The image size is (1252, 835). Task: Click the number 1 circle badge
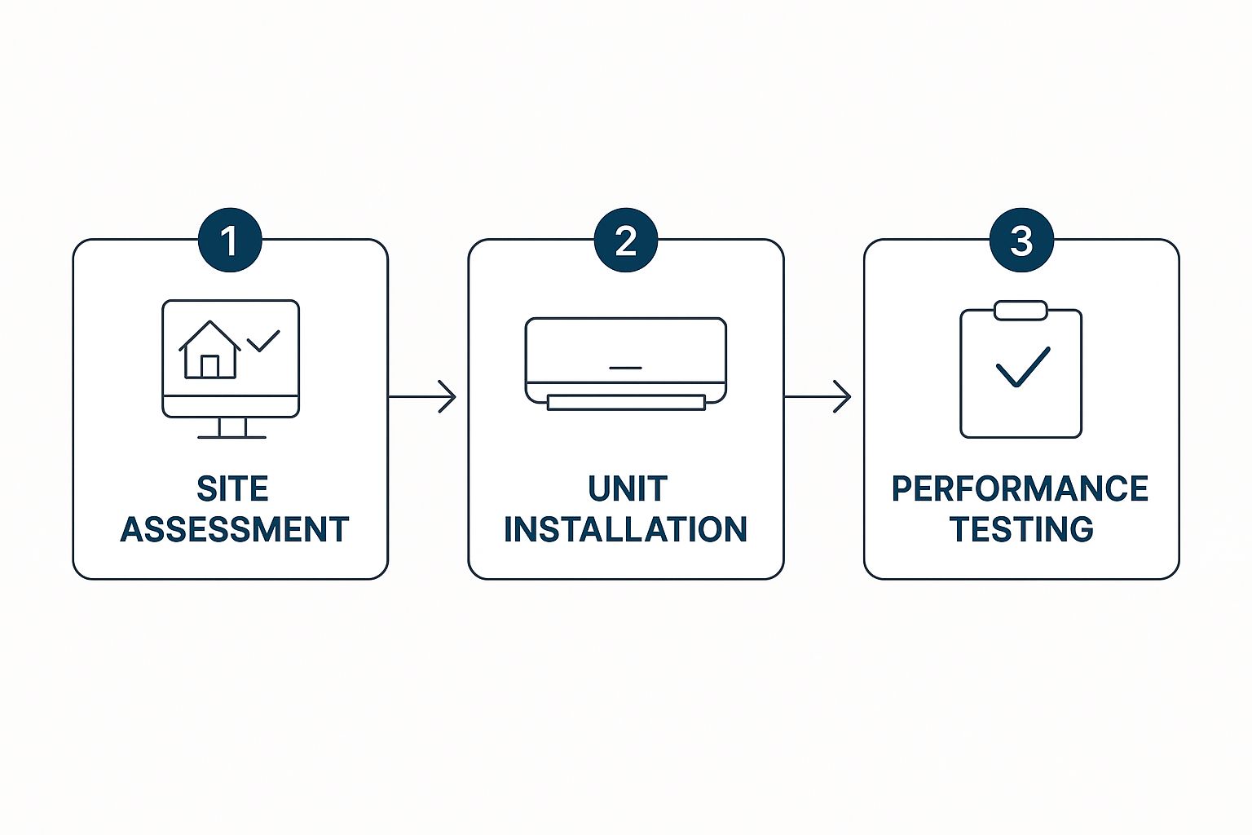(x=230, y=241)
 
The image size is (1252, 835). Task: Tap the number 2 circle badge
(x=626, y=241)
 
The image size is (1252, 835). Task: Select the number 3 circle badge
(x=1021, y=241)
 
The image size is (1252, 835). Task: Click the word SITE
(x=232, y=489)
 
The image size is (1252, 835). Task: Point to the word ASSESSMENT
(x=235, y=530)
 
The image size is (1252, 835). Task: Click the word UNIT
(x=627, y=489)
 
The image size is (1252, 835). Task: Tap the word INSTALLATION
(x=626, y=530)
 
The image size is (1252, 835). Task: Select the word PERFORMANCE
(x=1020, y=489)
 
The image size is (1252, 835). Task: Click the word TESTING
(x=1021, y=530)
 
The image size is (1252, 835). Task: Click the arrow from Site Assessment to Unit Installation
(x=422, y=397)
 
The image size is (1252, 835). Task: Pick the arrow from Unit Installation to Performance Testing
(x=818, y=397)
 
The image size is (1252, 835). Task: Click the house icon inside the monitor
(x=209, y=350)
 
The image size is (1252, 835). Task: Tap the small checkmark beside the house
(x=263, y=340)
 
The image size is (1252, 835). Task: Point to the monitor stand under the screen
(x=232, y=428)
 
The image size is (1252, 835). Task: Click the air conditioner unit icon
(x=626, y=359)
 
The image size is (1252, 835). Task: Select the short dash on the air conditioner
(x=625, y=368)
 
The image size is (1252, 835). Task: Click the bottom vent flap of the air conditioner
(x=626, y=402)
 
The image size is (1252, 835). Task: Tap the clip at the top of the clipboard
(x=1021, y=310)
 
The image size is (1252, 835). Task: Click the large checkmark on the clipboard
(x=1022, y=367)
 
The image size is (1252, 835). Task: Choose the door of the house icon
(x=209, y=366)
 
